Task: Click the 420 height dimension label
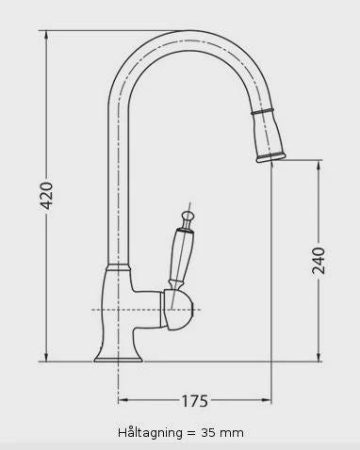point(47,196)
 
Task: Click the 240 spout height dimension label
point(319,261)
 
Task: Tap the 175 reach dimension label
point(195,401)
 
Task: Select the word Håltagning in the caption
point(150,433)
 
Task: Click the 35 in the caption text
point(208,433)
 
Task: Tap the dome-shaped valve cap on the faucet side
point(178,310)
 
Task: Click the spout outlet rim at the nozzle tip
point(270,158)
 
